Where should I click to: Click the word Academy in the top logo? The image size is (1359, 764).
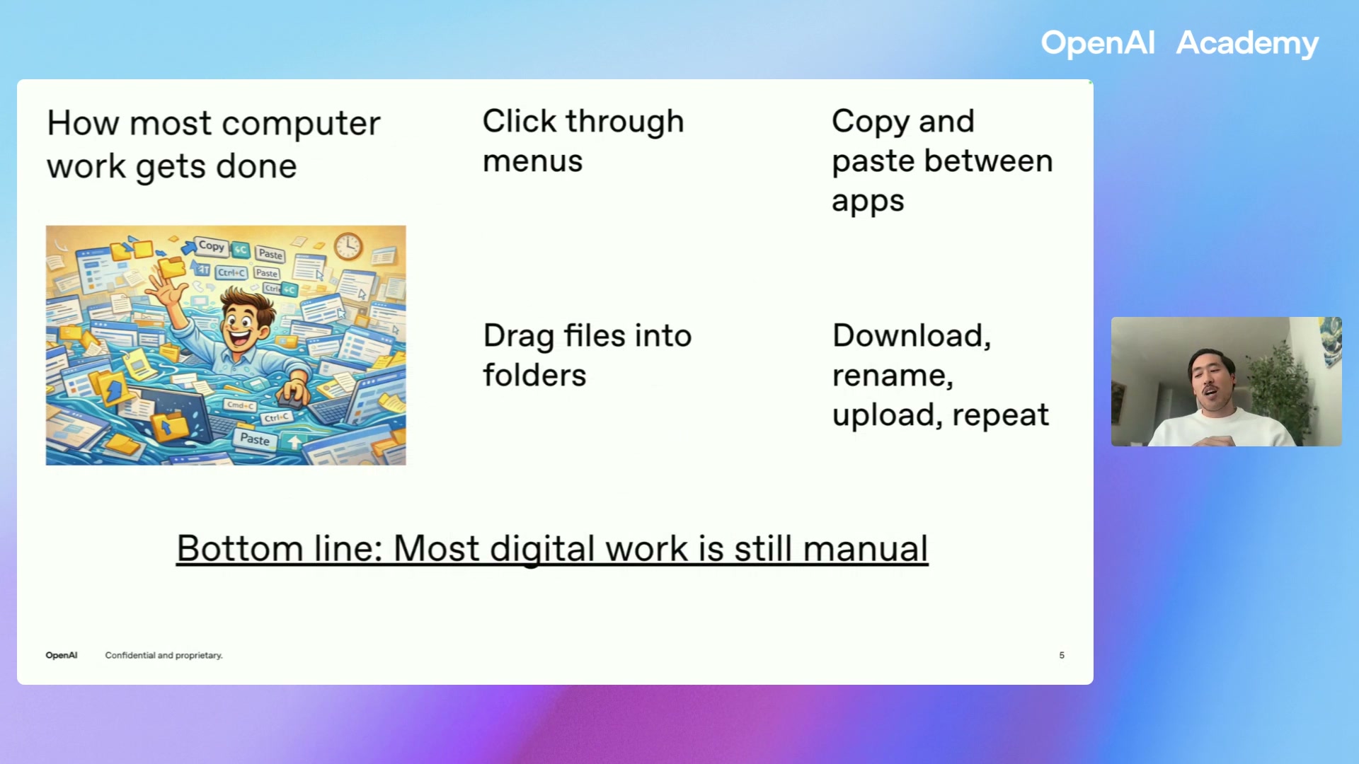point(1247,43)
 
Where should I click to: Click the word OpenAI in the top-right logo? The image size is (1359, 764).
point(1097,43)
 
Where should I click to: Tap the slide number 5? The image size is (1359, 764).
point(1062,655)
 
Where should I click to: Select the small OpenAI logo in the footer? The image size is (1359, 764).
point(62,655)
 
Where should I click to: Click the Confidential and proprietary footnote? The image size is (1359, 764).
point(164,655)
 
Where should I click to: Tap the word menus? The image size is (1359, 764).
point(532,161)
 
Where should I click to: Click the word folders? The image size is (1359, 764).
point(534,375)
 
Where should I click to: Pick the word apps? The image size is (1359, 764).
point(868,202)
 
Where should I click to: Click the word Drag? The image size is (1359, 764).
point(518,336)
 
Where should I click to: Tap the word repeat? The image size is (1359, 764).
point(1000,415)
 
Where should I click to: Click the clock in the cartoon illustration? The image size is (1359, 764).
point(348,246)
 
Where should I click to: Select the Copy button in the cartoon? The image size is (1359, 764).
point(211,246)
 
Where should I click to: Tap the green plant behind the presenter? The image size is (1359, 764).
point(1278,382)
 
